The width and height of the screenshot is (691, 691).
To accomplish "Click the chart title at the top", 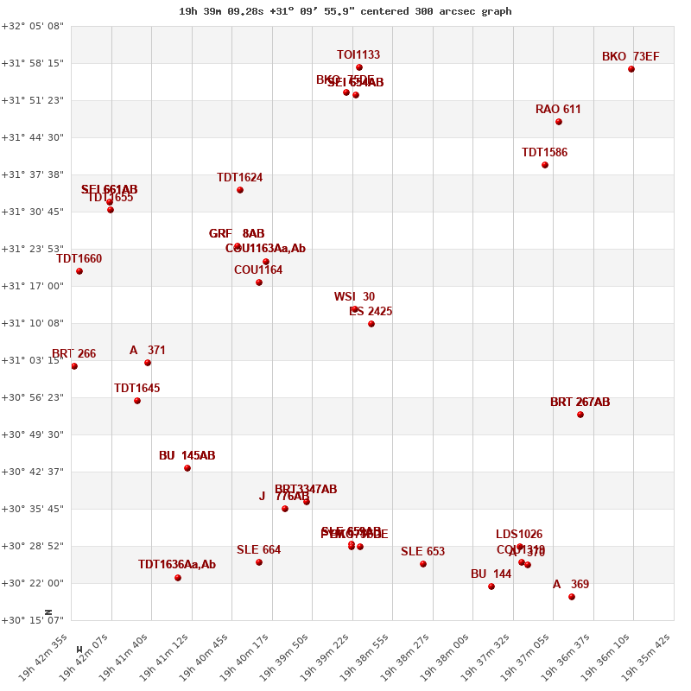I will coord(345,11).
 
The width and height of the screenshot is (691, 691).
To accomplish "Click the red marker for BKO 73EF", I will coord(631,69).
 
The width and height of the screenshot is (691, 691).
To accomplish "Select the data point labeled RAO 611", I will coord(559,122).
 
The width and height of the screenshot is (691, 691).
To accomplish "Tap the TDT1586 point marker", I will coord(545,165).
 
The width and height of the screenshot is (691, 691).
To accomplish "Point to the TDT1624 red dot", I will coord(240,190).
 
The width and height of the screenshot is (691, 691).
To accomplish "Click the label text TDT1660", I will coord(79,258).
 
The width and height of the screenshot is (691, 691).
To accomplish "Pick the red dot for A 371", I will coord(148,363).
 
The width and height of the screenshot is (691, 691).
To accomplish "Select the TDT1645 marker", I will coord(137,401).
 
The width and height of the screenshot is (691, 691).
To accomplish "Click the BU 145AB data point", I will coord(187,468).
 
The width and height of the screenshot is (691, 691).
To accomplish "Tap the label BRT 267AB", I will coord(580,403).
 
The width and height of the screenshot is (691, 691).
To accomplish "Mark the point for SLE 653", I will coord(423,564).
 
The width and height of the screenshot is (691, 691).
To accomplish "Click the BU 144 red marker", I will coord(491,586).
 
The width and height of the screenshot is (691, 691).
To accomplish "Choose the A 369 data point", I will coord(572,597).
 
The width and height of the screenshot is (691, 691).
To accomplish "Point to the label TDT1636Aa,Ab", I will coord(177,565).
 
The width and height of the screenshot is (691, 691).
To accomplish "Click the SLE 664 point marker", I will coord(259,562).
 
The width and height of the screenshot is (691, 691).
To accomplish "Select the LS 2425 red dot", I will coord(371,324).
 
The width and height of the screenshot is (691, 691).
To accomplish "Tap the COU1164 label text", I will coord(258,270).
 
